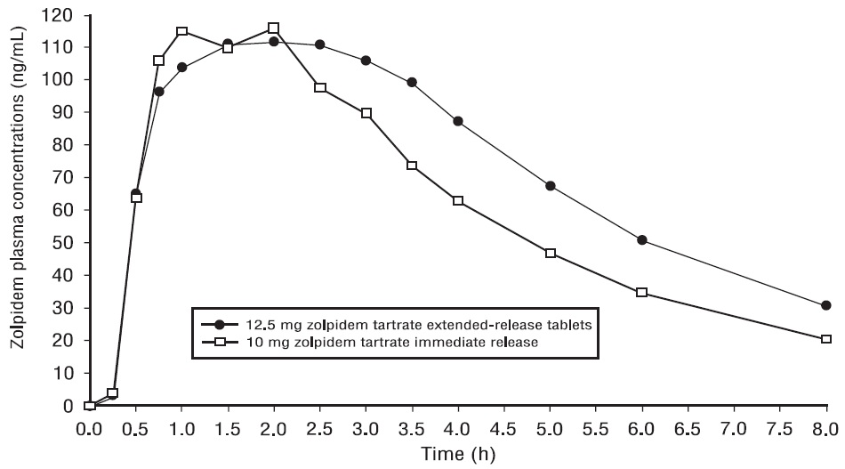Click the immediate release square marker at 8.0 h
pos(826,339)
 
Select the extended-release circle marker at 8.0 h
pos(826,305)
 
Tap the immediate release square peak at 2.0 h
pos(274,28)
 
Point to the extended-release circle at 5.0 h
pos(551,186)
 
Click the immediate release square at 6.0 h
pos(642,293)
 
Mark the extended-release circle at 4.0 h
pos(458,121)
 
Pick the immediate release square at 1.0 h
pos(181,31)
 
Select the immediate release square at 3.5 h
pos(412,166)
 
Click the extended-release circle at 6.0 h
pos(642,240)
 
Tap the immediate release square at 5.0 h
pos(551,254)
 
